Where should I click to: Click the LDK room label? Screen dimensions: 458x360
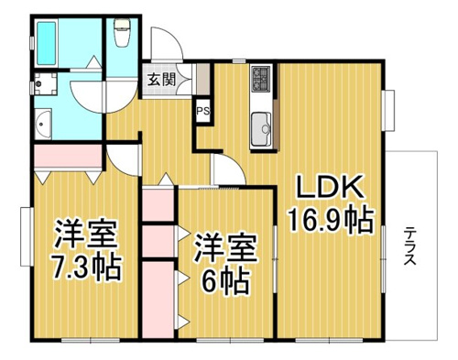coord(331,186)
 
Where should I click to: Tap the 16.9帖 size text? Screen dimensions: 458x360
coord(332,220)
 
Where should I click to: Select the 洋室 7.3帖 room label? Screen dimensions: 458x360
coord(86,249)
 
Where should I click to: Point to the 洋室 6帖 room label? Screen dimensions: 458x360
coord(225,264)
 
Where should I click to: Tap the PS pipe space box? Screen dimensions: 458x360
coord(202,111)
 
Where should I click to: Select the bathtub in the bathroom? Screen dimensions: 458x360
coord(47,43)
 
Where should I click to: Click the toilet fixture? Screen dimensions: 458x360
coord(122,33)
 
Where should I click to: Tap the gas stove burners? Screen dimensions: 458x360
coord(261,79)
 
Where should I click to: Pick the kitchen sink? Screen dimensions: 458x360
coord(261,129)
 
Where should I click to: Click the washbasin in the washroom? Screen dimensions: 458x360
coord(43,124)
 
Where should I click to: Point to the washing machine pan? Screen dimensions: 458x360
coord(45,83)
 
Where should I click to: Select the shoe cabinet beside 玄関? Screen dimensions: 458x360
coord(202,80)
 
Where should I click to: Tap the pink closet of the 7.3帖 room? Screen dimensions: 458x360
coord(68,156)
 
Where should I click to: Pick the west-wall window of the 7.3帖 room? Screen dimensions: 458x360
coord(27,236)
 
